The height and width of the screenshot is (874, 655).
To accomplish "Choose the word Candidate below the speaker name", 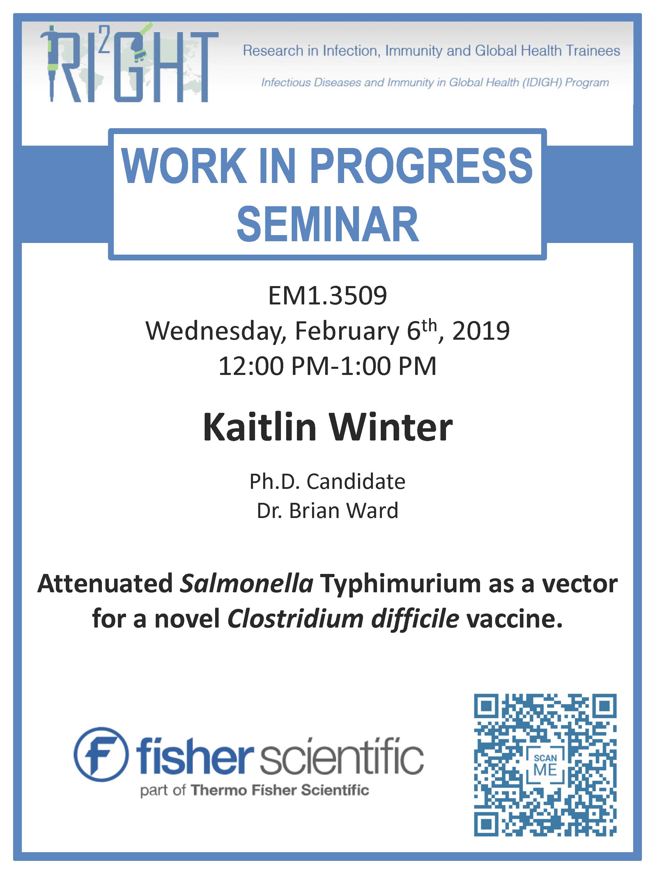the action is [356, 482].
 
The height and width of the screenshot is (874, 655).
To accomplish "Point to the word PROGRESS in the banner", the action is [421, 165].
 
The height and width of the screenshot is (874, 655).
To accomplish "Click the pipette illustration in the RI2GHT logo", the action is [51, 63].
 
